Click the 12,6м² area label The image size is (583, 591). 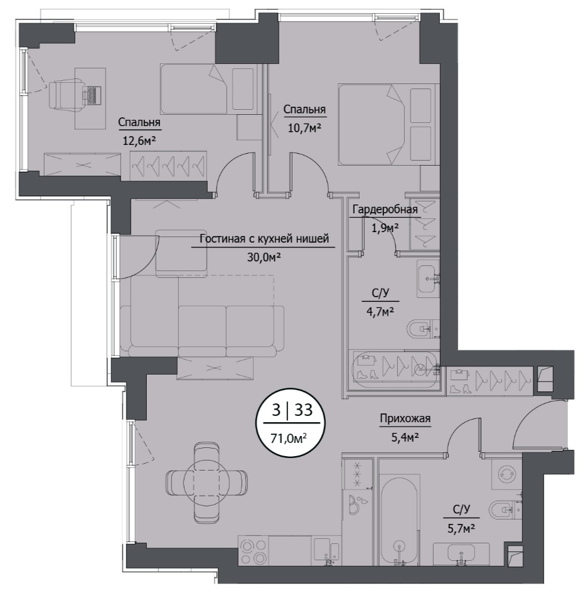(x=139, y=141)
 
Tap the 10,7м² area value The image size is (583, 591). (x=304, y=128)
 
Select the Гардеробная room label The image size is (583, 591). (x=385, y=209)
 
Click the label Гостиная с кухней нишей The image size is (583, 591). (x=264, y=238)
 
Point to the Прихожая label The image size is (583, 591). (x=405, y=418)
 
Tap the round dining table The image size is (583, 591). (x=206, y=482)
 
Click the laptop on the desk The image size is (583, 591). (x=92, y=95)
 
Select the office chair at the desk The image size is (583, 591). (x=67, y=95)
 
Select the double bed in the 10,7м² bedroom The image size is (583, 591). (x=387, y=124)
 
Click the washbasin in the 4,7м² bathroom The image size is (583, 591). (x=429, y=279)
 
